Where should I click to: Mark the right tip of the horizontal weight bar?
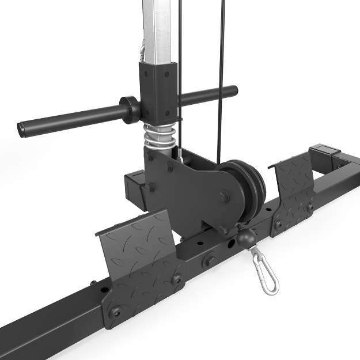(x=233, y=90)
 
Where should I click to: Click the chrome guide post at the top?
(x=157, y=29)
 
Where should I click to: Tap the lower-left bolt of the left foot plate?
(x=113, y=310)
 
